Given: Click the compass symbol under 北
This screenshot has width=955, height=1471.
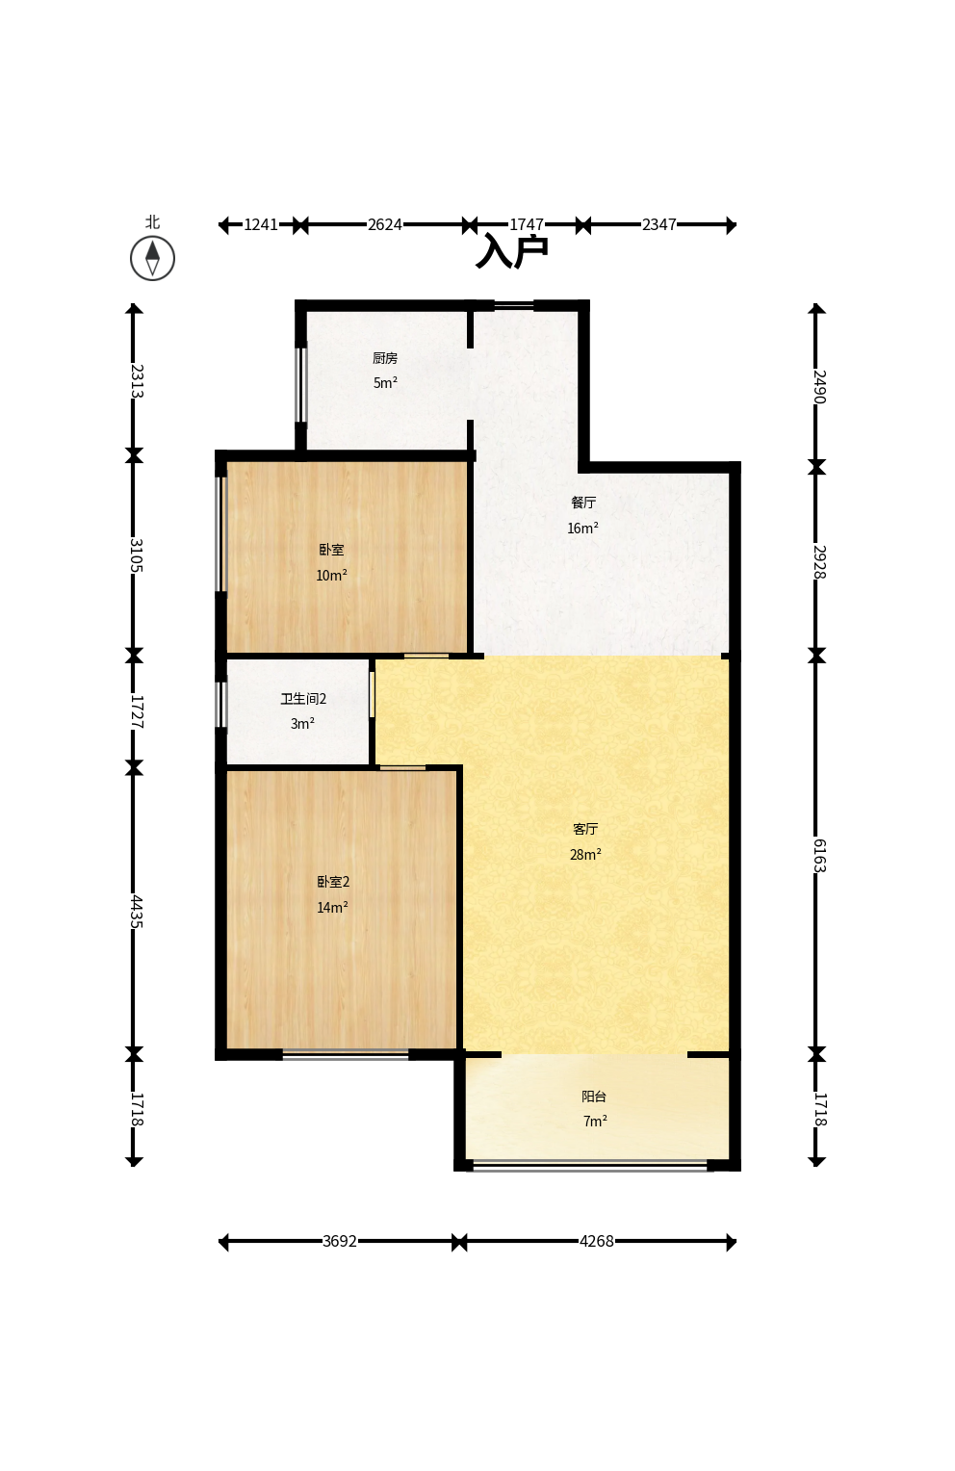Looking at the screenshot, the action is click(152, 258).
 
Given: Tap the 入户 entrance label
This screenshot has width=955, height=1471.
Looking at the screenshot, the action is click(512, 251).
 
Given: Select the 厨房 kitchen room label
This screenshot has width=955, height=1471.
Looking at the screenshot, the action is click(385, 358).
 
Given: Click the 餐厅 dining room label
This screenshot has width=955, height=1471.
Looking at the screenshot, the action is click(583, 503).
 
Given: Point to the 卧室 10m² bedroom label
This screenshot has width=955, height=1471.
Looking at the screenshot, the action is click(332, 550).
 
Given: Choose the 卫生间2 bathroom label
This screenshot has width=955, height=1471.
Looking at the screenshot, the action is click(303, 699).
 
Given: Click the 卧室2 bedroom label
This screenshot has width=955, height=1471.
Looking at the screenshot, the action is click(333, 881).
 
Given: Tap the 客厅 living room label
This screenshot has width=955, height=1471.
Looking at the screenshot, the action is click(585, 829).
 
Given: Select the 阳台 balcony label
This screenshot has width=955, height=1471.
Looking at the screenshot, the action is click(594, 1096).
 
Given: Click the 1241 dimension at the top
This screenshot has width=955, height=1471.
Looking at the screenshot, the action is click(262, 224).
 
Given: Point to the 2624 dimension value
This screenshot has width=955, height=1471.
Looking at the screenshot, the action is click(385, 224).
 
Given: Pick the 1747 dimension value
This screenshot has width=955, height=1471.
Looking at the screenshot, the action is click(527, 224).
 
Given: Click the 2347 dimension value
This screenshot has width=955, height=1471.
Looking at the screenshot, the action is click(659, 224).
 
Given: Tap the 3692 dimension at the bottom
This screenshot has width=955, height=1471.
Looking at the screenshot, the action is click(340, 1241).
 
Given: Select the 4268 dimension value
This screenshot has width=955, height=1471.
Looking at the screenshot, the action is click(596, 1241).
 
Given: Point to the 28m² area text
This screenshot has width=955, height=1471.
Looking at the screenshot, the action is click(585, 854).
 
